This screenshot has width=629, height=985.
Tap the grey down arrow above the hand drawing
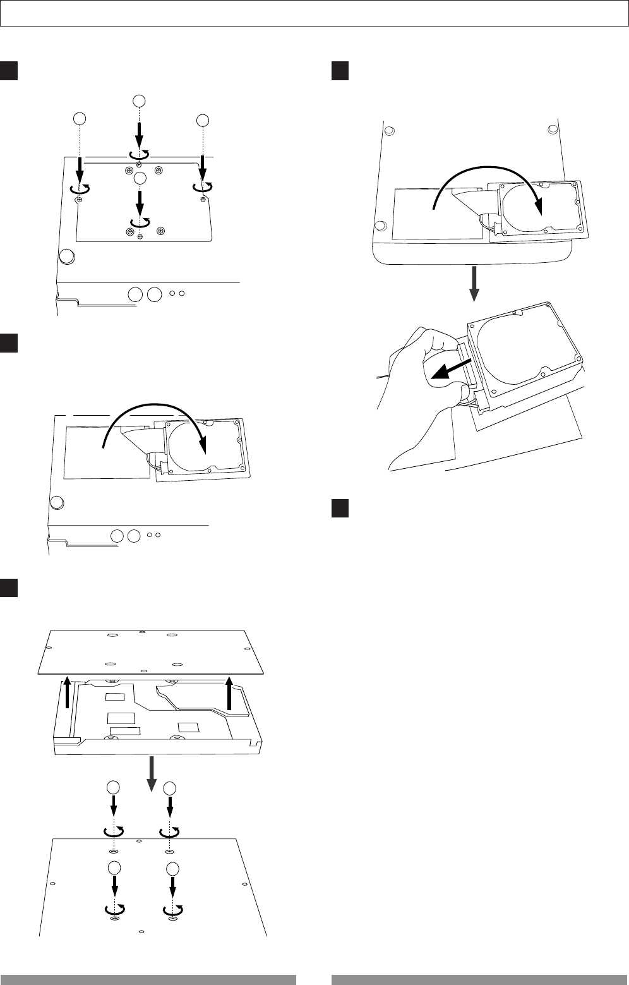click(x=475, y=284)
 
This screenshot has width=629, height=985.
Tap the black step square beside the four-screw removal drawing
click(x=9, y=70)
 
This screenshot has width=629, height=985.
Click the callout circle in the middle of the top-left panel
click(x=140, y=178)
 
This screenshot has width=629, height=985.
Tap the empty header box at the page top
click(x=314, y=13)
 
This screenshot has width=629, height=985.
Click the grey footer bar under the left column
click(x=148, y=980)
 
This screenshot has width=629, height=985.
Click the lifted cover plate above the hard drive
click(x=152, y=651)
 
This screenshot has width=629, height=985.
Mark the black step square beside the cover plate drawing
click(x=9, y=587)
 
